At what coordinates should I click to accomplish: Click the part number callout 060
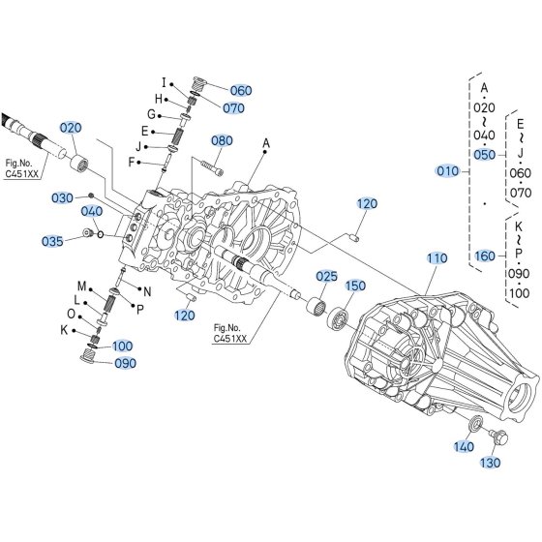(x=241, y=91)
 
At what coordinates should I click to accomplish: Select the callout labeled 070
(x=233, y=108)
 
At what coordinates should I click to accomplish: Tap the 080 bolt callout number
(x=222, y=140)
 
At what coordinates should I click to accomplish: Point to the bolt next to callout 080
(x=211, y=166)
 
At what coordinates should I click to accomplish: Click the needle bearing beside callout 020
(x=79, y=163)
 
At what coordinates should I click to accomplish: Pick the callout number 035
(x=52, y=241)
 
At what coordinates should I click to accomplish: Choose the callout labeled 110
(x=437, y=257)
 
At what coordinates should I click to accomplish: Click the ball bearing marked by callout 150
(x=338, y=318)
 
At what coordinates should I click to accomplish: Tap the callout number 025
(x=327, y=276)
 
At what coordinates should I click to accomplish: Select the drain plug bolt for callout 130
(x=498, y=437)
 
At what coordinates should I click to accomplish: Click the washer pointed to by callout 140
(x=475, y=424)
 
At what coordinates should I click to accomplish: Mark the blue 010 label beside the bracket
(x=447, y=171)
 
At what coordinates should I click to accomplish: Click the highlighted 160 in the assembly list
(x=485, y=256)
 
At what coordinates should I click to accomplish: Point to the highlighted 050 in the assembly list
(x=484, y=155)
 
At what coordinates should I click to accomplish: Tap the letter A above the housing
(x=266, y=143)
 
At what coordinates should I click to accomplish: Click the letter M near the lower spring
(x=81, y=286)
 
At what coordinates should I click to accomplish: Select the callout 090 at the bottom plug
(x=126, y=363)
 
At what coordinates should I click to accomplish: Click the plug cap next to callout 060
(x=198, y=83)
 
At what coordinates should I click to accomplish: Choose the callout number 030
(x=63, y=198)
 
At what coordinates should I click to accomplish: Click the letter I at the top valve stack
(x=164, y=82)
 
